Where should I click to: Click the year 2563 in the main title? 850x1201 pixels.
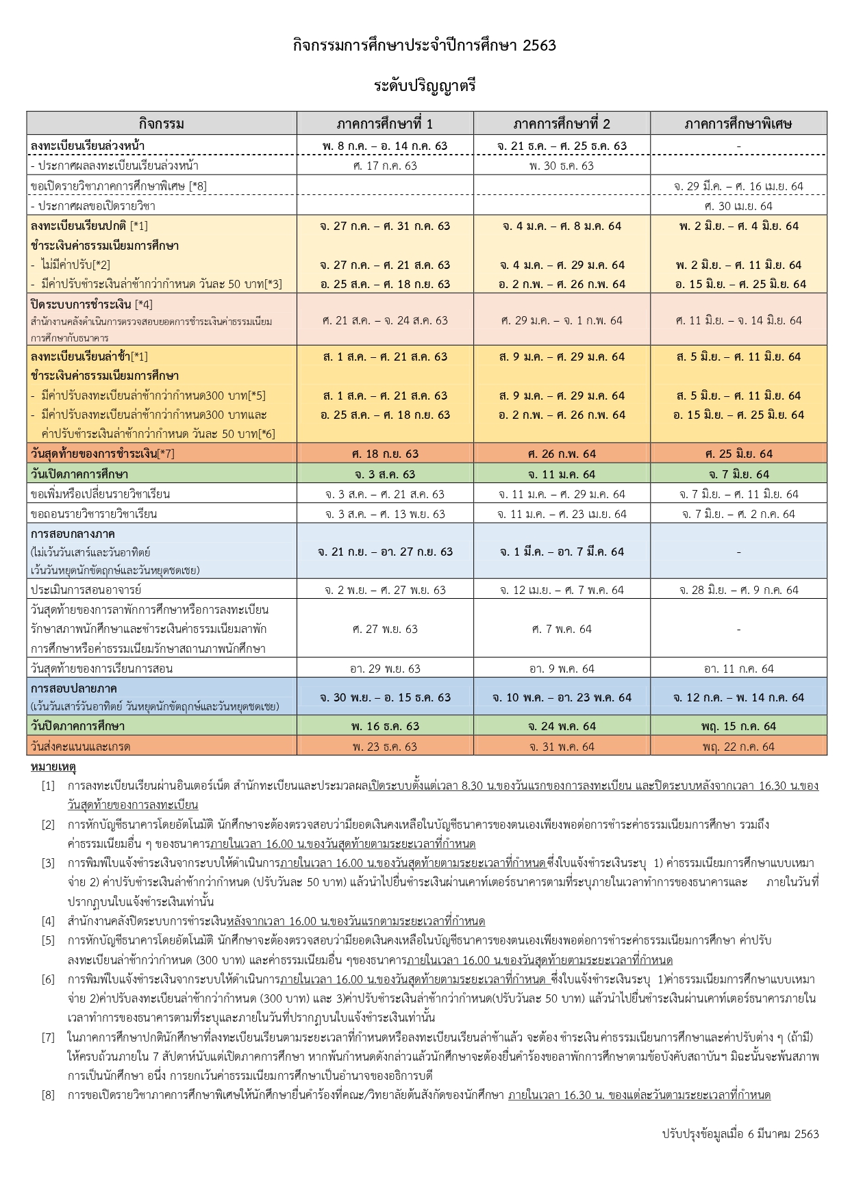pyautogui.click(x=538, y=46)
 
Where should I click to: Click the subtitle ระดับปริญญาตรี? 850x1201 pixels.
pyautogui.click(x=425, y=86)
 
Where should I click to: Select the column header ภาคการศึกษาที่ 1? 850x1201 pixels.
pyautogui.click(x=385, y=124)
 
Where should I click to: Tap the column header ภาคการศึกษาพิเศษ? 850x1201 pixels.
pyautogui.click(x=738, y=124)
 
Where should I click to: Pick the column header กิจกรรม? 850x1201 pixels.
pyautogui.click(x=162, y=124)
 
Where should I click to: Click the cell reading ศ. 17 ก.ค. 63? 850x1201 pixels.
pyautogui.click(x=385, y=166)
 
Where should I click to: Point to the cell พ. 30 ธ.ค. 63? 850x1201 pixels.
pyautogui.click(x=562, y=166)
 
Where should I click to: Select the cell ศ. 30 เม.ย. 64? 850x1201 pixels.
pyautogui.click(x=738, y=206)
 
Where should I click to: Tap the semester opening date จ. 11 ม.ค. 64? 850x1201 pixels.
pyautogui.click(x=562, y=474)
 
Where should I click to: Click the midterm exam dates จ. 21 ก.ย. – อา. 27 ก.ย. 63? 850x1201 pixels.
pyautogui.click(x=385, y=552)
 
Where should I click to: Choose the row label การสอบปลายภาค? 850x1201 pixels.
pyautogui.click(x=74, y=688)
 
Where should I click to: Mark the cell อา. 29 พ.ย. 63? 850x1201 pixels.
pyautogui.click(x=385, y=669)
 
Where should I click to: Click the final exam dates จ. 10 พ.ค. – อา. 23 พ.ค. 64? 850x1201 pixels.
pyautogui.click(x=562, y=697)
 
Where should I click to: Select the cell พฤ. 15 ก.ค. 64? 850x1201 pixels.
pyautogui.click(x=738, y=726)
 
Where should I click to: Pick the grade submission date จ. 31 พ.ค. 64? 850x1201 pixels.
pyautogui.click(x=562, y=747)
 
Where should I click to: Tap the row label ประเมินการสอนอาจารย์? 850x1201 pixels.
pyautogui.click(x=86, y=590)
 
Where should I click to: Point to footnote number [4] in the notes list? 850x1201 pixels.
pyautogui.click(x=48, y=921)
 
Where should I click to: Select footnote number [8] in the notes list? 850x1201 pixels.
pyautogui.click(x=48, y=1095)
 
